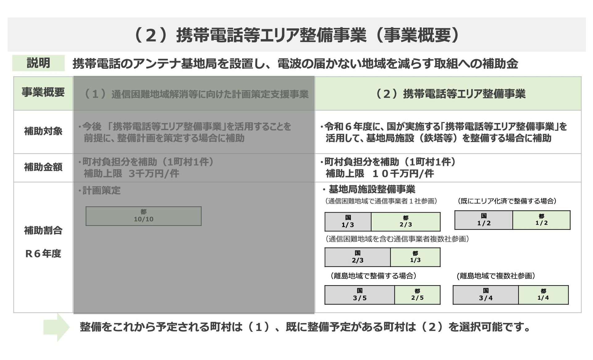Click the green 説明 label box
pyautogui.click(x=38, y=63)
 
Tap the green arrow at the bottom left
pyautogui.click(x=57, y=327)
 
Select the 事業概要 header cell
pyautogui.click(x=43, y=93)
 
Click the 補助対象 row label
pyautogui.click(x=43, y=131)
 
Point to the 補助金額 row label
pyautogui.click(x=43, y=167)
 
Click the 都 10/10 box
pyautogui.click(x=143, y=216)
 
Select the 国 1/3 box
pyautogui.click(x=348, y=222)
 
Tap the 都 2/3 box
pyautogui.click(x=406, y=222)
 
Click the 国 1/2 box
pyautogui.click(x=483, y=220)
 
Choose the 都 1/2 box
pyautogui.click(x=541, y=220)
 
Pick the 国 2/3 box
pyautogui.click(x=357, y=257)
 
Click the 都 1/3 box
pyautogui.click(x=415, y=257)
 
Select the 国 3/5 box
pyautogui.click(x=360, y=295)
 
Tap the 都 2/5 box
pyautogui.click(x=417, y=295)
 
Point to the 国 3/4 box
pyautogui.click(x=486, y=295)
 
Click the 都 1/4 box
pyautogui.click(x=543, y=295)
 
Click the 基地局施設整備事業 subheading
pyautogui.click(x=372, y=189)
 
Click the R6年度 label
pyautogui.click(x=43, y=253)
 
